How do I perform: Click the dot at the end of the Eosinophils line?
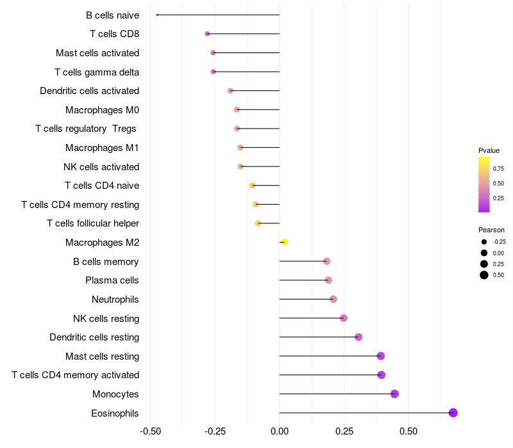click(x=453, y=413)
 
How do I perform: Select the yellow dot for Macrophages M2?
click(x=285, y=242)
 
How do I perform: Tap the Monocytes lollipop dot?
click(x=394, y=394)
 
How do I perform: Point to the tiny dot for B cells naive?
click(x=157, y=15)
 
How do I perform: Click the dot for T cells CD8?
click(x=207, y=33)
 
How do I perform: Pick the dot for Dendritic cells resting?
click(x=358, y=337)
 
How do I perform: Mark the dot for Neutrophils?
click(x=333, y=299)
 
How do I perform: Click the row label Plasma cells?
click(x=112, y=280)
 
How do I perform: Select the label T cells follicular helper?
click(x=93, y=223)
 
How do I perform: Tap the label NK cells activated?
click(x=101, y=167)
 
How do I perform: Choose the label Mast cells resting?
click(x=103, y=356)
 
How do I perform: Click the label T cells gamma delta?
click(x=97, y=72)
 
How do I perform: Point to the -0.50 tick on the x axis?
click(x=150, y=431)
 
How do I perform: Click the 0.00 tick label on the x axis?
click(x=280, y=431)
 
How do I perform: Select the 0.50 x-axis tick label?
click(x=408, y=431)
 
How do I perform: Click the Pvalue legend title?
click(x=489, y=150)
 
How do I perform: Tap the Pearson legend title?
click(x=491, y=230)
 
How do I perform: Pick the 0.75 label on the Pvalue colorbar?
click(x=498, y=169)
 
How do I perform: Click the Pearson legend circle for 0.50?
click(x=484, y=275)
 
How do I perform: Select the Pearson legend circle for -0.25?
click(x=484, y=242)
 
